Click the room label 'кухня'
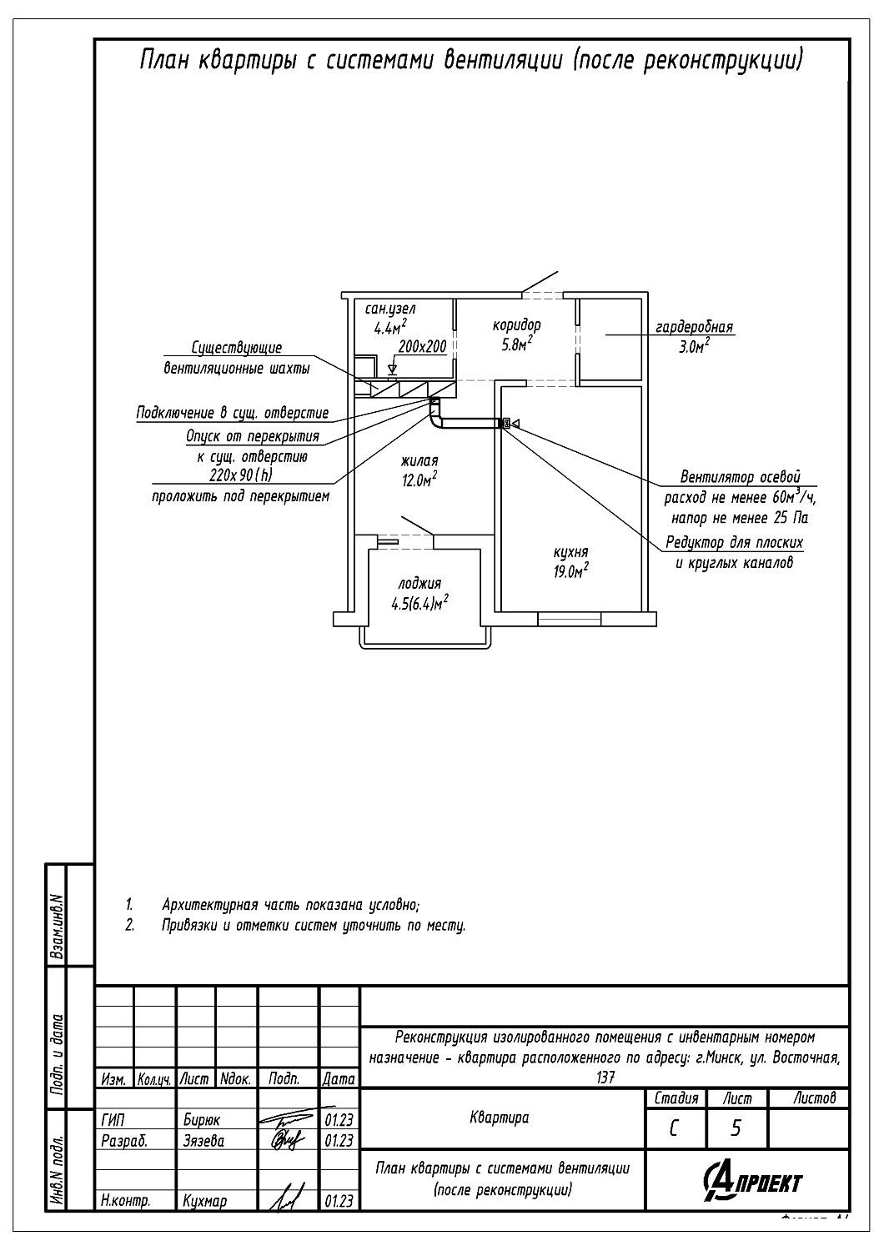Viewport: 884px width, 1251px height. (x=570, y=552)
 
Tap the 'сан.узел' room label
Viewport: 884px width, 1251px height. (x=390, y=309)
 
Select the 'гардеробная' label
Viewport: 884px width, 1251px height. (x=694, y=327)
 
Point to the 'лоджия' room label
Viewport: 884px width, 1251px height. (x=419, y=584)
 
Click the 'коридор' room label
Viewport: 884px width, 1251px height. (x=516, y=325)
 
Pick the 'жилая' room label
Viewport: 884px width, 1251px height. (x=419, y=460)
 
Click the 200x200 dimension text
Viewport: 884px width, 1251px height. (x=423, y=346)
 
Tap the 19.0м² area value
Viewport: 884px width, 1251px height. (x=571, y=571)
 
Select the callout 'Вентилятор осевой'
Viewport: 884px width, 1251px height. (x=740, y=478)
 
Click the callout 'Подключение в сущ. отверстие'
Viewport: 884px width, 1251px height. (x=233, y=414)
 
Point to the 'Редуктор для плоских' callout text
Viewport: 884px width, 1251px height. (x=734, y=543)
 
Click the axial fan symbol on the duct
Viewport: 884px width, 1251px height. (x=505, y=424)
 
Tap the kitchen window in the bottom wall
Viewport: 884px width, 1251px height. (x=569, y=618)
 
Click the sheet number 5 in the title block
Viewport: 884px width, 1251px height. (x=736, y=1128)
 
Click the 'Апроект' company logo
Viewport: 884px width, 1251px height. (x=752, y=1182)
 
